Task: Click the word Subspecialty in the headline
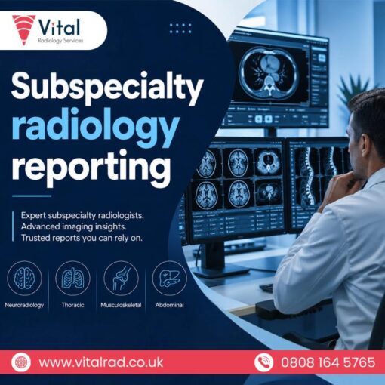(107, 88)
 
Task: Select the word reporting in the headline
(91, 167)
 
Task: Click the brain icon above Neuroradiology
(24, 278)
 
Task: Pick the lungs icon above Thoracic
(72, 278)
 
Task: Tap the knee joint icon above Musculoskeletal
(121, 278)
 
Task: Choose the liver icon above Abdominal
(170, 278)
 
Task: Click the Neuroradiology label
(24, 305)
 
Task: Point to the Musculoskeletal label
(121, 305)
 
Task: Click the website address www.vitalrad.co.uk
(101, 362)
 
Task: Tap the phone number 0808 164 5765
(328, 362)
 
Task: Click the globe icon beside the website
(21, 362)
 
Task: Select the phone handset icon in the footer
(263, 362)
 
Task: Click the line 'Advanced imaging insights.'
(74, 226)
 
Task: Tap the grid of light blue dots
(180, 29)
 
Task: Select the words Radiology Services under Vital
(60, 41)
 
